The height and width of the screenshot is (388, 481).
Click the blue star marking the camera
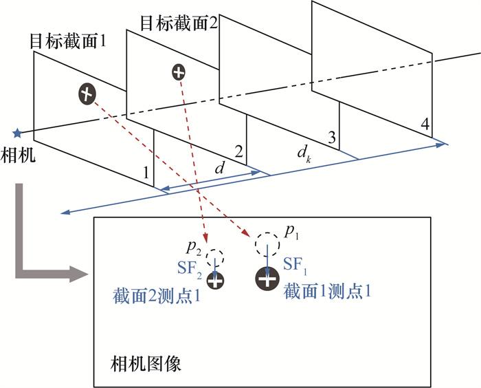coord(17,133)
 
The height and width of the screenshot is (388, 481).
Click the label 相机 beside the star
coord(18,155)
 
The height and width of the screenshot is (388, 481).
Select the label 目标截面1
coord(68,41)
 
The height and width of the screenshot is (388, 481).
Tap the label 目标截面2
coord(179,23)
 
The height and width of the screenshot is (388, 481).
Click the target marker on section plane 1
coord(87,93)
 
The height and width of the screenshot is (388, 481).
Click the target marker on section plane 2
coord(179,72)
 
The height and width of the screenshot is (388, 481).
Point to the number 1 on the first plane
coord(146,173)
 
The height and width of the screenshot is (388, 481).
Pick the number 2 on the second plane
coord(238,151)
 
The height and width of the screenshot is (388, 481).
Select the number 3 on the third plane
coord(332,138)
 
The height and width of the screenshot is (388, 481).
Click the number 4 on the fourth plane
coord(425,124)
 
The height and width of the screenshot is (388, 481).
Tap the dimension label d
coord(220,168)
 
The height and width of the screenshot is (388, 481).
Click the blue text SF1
coord(295,266)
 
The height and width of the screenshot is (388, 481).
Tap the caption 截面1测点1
coord(327,291)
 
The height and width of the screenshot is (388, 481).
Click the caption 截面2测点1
coord(157,297)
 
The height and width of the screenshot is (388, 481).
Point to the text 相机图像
coord(146,365)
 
